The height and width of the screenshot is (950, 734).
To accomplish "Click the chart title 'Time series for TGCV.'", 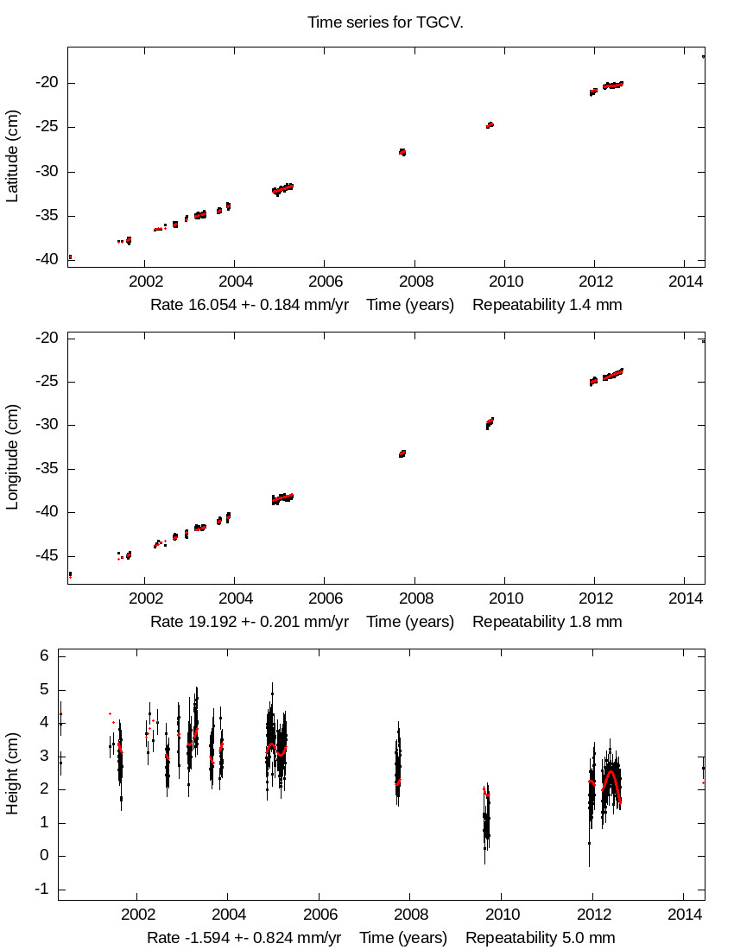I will click(x=385, y=22).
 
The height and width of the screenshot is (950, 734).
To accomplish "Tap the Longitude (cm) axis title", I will click(x=12, y=458).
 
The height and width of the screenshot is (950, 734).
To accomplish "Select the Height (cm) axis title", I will click(x=12, y=774).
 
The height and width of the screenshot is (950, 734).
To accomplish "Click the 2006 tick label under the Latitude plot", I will click(x=324, y=282).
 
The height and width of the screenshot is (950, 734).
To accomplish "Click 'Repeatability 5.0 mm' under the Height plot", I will click(x=541, y=938).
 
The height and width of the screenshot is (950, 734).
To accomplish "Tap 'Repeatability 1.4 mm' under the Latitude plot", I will click(x=547, y=305).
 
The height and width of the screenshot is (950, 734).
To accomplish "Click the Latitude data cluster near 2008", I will click(x=402, y=152).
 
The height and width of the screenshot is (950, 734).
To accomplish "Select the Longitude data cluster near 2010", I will click(x=490, y=422).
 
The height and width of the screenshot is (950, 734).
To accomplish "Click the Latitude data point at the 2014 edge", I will click(x=703, y=57).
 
